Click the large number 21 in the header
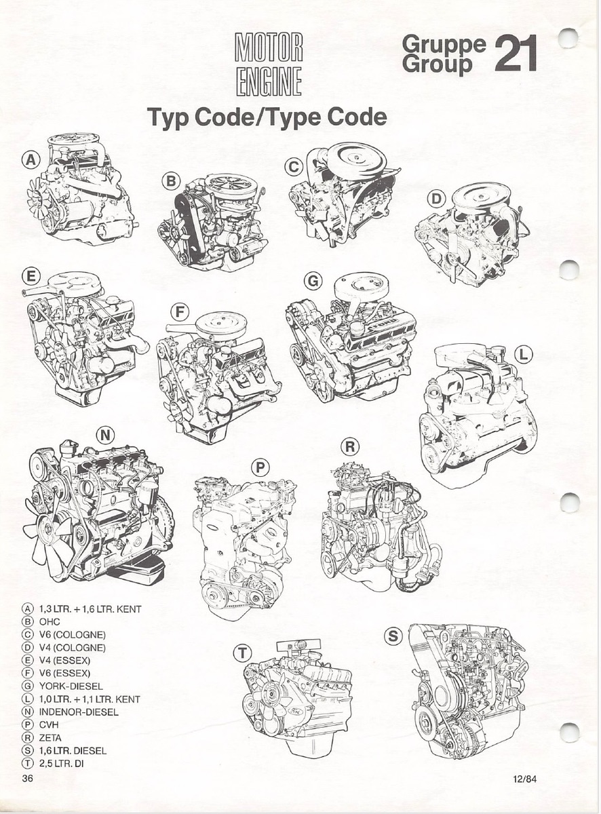coord(515,54)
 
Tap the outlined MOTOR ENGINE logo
coord(270,64)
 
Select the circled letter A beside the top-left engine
coord(31,159)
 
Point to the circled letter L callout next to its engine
coord(524,354)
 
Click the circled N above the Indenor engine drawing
coord(105,435)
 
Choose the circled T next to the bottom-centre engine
coord(243,653)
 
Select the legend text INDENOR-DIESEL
coord(79,712)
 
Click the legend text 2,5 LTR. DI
coord(61,764)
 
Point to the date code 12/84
coord(525,777)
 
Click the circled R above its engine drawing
coord(350,446)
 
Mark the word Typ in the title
coord(168,118)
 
